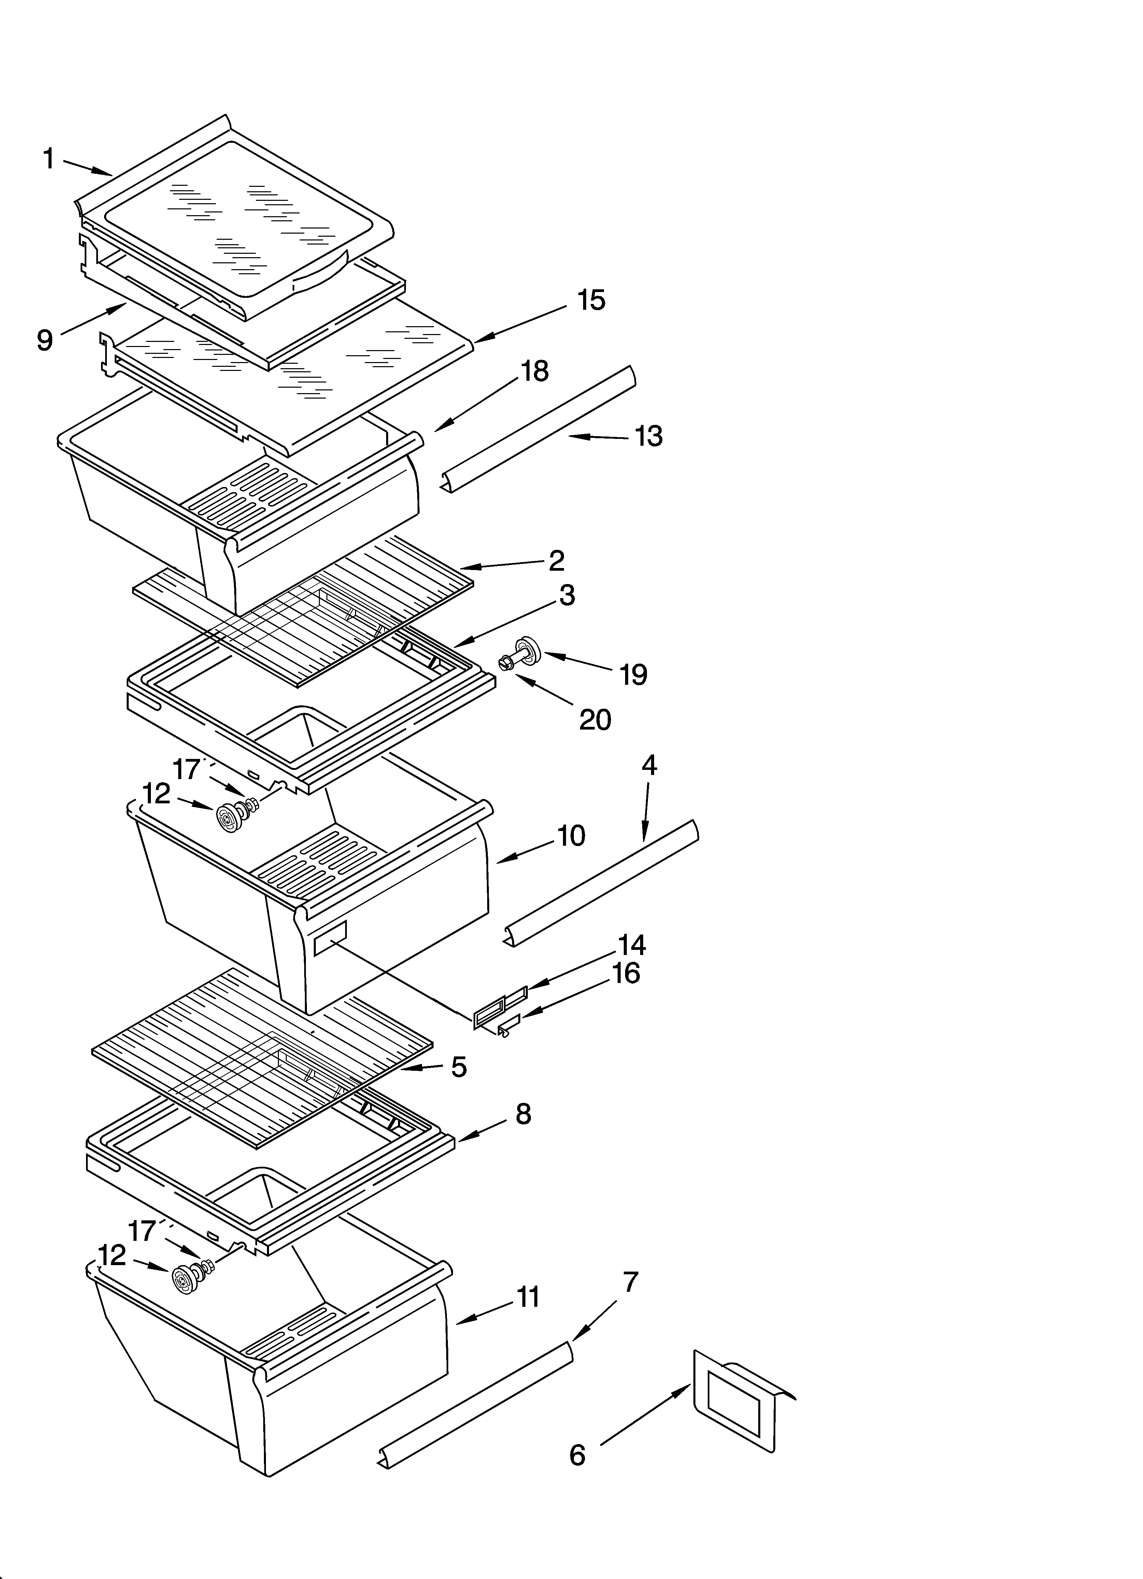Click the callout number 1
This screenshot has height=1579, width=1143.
[x=48, y=159]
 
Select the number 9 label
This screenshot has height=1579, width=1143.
[x=44, y=341]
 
